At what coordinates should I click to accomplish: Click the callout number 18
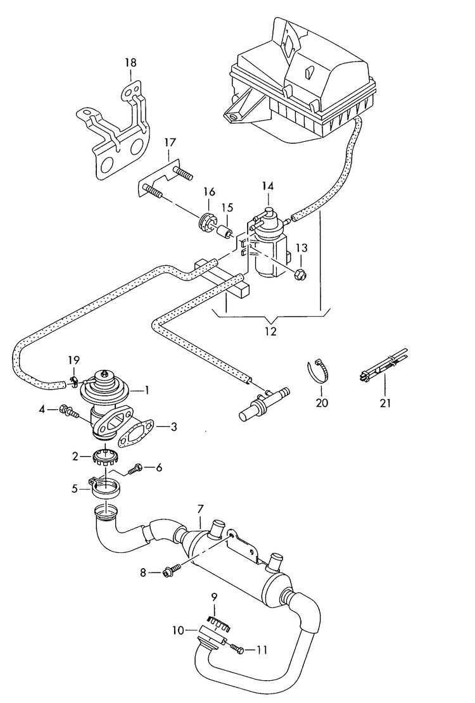coord(130,63)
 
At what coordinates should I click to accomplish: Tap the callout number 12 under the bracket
coord(270,331)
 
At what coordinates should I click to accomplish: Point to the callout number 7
coord(200,509)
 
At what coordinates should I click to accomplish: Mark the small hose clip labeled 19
coord(73,381)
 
